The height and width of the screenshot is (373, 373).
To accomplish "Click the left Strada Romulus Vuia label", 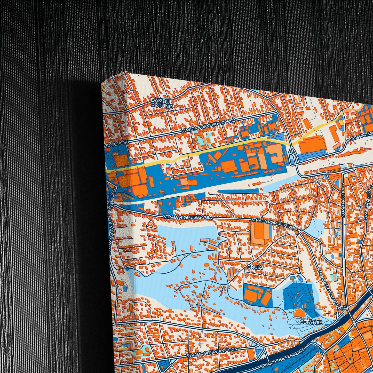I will tap(188, 217).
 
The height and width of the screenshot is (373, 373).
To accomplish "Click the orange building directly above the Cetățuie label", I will tap(299, 314).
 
